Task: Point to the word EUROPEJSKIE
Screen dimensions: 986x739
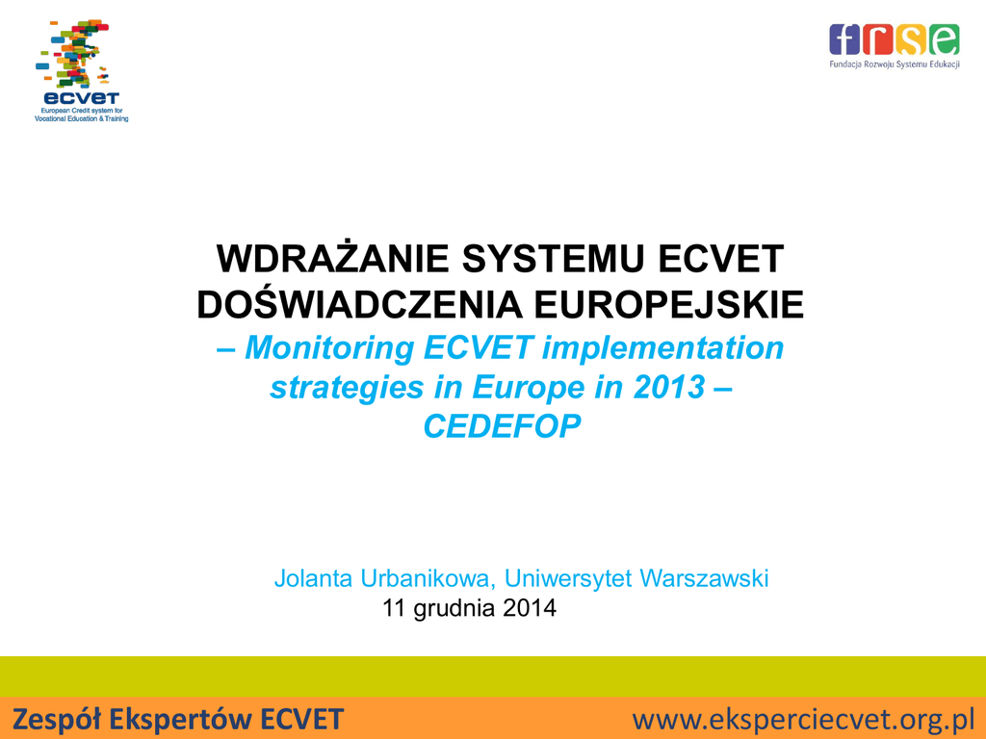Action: pyautogui.click(x=669, y=305)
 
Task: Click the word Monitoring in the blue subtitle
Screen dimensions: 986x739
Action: pyautogui.click(x=329, y=348)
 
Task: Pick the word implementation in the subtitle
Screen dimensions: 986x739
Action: pyautogui.click(x=662, y=348)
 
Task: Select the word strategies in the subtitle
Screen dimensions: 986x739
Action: pyautogui.click(x=347, y=388)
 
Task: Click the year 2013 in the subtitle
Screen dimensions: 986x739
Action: pyautogui.click(x=669, y=387)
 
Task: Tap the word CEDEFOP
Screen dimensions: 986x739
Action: pyautogui.click(x=502, y=426)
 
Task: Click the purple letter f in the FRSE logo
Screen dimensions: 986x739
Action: pyautogui.click(x=844, y=39)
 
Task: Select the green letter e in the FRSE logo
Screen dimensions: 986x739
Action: pyautogui.click(x=944, y=39)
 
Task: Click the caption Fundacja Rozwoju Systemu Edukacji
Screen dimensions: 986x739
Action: pyautogui.click(x=895, y=64)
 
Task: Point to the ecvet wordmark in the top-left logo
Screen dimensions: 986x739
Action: pyautogui.click(x=81, y=98)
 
